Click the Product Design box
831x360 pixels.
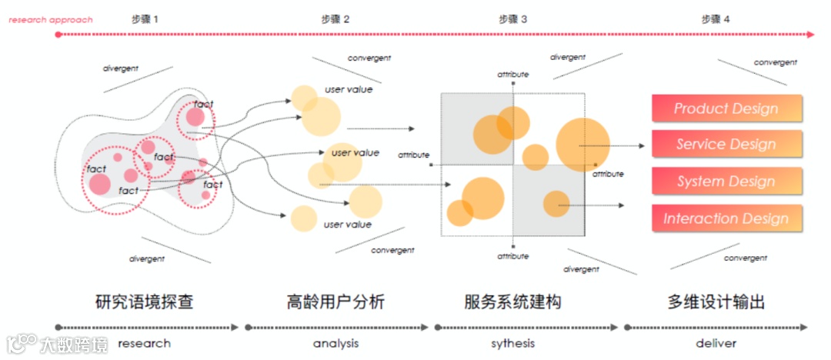726,108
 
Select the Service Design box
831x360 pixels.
726,144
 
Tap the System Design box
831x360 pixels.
726,182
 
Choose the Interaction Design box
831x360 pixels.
726,218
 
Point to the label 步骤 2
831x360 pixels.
335,18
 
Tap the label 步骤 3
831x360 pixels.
512,18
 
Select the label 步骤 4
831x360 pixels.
716,18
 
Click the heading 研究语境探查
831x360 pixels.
144,302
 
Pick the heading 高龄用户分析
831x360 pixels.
335,302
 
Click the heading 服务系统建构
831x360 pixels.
512,302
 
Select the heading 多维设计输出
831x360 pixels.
716,302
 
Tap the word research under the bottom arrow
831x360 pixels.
144,343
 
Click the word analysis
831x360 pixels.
335,343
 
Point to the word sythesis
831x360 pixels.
512,343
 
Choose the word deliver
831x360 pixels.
716,343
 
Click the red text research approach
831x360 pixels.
50,19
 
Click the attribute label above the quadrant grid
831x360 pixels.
512,75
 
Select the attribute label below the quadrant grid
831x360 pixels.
512,256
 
